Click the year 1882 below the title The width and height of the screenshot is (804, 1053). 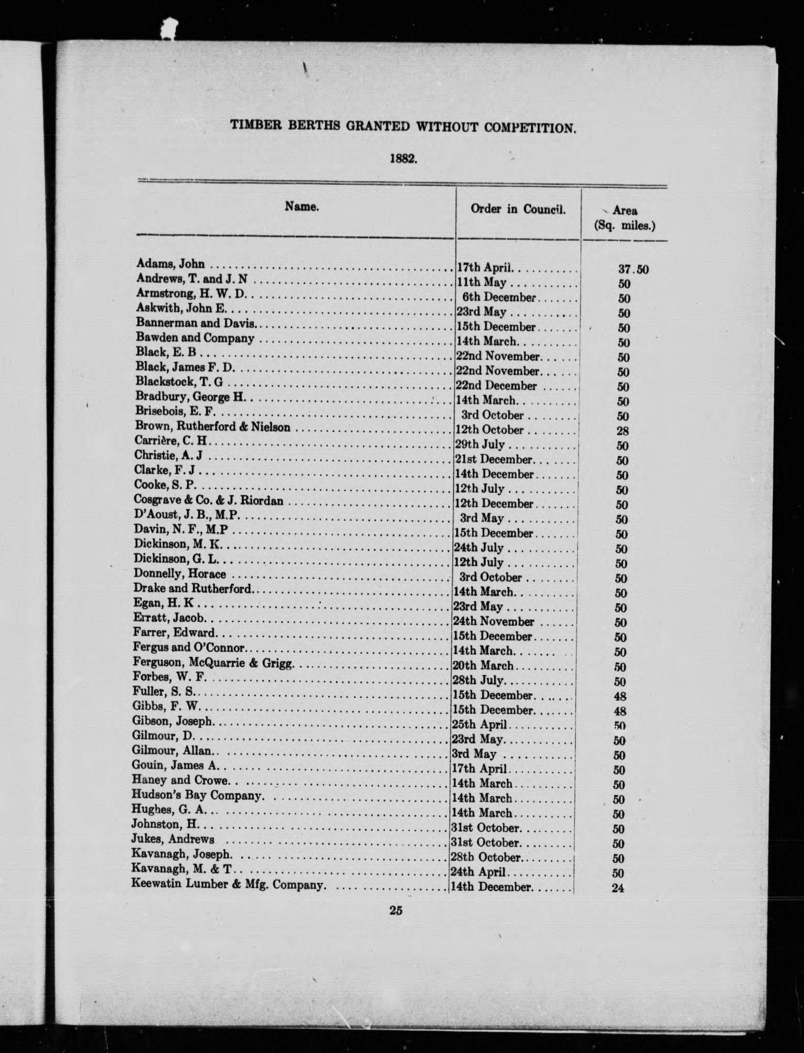click(404, 159)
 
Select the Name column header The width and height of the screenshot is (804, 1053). click(302, 207)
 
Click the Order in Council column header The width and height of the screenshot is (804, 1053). click(518, 209)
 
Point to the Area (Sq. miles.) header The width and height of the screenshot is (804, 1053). click(625, 218)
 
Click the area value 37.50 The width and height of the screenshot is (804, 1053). click(632, 269)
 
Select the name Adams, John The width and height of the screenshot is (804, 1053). click(170, 264)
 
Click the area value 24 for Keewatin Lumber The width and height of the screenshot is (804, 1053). click(618, 888)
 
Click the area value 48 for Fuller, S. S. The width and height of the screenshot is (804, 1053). click(620, 696)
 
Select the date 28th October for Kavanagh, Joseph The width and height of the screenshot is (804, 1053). click(486, 857)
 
